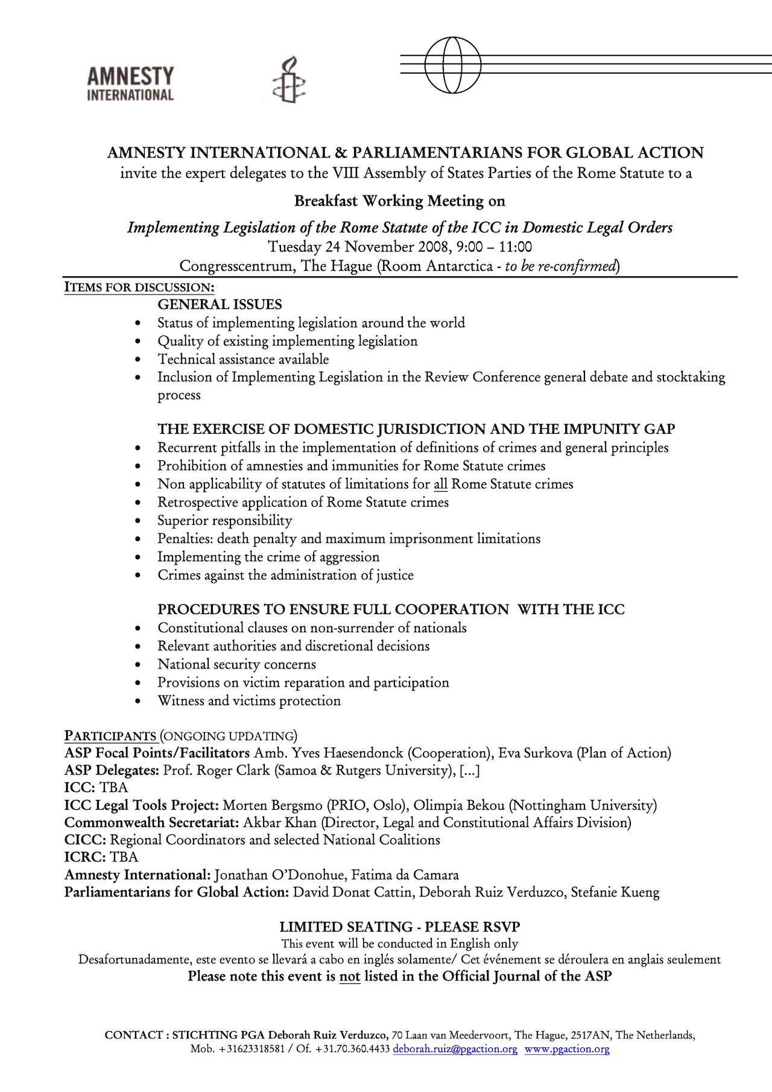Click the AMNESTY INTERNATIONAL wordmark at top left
click(x=130, y=84)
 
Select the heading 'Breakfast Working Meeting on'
click(x=399, y=201)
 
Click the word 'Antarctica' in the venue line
click(x=459, y=266)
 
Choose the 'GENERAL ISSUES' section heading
click(x=220, y=305)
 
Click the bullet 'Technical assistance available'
click(x=243, y=360)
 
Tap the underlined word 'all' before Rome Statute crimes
click(x=440, y=484)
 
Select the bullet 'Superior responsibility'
click(x=225, y=521)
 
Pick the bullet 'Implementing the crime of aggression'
click(x=268, y=557)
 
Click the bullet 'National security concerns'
click(x=236, y=665)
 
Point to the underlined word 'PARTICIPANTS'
click(x=110, y=736)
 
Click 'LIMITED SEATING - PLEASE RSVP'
click(x=399, y=927)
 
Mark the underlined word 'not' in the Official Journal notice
click(x=350, y=976)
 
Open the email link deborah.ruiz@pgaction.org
click(x=455, y=1049)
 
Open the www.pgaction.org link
click(x=567, y=1049)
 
